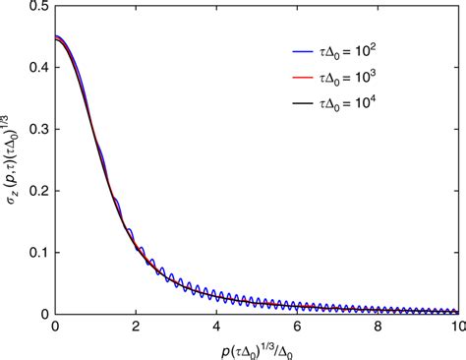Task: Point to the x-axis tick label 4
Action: (x=216, y=326)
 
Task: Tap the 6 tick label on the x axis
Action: (x=297, y=326)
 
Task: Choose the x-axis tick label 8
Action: (x=378, y=326)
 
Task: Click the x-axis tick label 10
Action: (x=456, y=326)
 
